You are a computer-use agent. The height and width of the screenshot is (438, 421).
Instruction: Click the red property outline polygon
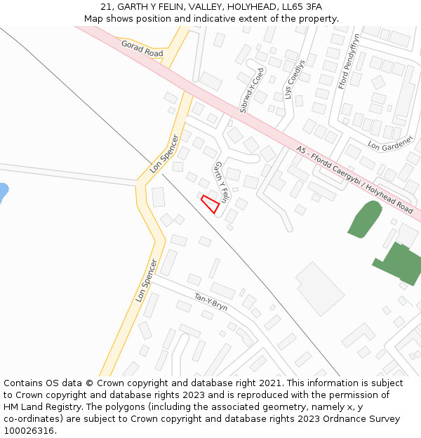(x=210, y=204)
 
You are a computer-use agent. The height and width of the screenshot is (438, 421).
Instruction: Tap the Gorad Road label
(x=142, y=48)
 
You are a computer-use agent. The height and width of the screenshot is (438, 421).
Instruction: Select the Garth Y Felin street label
(x=222, y=182)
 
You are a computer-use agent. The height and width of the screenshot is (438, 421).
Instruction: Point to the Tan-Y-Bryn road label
(x=210, y=302)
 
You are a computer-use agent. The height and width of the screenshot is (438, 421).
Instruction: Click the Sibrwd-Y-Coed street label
(x=252, y=90)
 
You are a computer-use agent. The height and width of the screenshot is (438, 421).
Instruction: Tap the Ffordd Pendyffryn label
(x=348, y=61)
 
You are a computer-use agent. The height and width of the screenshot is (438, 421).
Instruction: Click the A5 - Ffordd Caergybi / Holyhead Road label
(x=355, y=179)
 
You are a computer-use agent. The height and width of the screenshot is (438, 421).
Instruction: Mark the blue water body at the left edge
(x=3, y=192)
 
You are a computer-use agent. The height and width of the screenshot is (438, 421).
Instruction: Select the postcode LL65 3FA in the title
(x=298, y=7)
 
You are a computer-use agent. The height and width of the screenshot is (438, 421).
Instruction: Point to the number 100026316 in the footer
(x=29, y=431)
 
